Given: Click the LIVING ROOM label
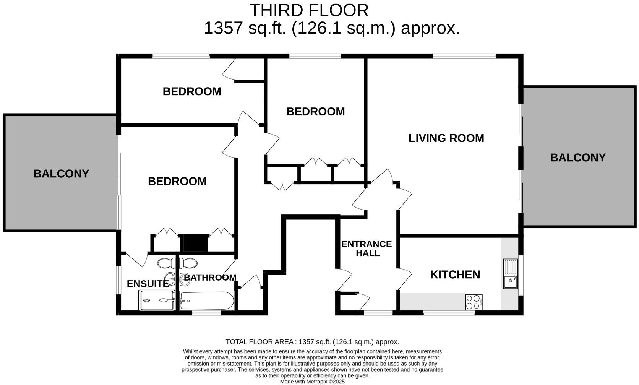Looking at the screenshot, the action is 446,138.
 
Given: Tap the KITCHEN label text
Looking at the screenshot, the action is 455,275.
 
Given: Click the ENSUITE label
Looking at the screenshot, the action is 148,284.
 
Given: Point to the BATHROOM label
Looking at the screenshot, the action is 210,278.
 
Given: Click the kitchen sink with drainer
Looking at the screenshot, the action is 510,274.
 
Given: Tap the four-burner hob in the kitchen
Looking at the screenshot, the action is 474,302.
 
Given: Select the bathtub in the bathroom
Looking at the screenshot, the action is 207,301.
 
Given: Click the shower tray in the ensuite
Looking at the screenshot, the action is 157,300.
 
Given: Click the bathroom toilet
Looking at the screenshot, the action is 188,263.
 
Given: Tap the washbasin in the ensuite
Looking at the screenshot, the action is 170,279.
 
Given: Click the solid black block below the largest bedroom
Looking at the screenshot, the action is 195,243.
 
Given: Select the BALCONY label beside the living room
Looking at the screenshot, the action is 578,158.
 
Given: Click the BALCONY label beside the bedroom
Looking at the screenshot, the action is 61,174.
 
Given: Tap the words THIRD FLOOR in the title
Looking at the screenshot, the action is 309,11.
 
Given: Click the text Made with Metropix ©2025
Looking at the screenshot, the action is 312,382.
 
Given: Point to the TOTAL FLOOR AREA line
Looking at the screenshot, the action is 312,342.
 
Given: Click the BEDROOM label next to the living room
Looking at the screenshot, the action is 316,112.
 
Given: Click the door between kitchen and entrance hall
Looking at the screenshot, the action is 404,279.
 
